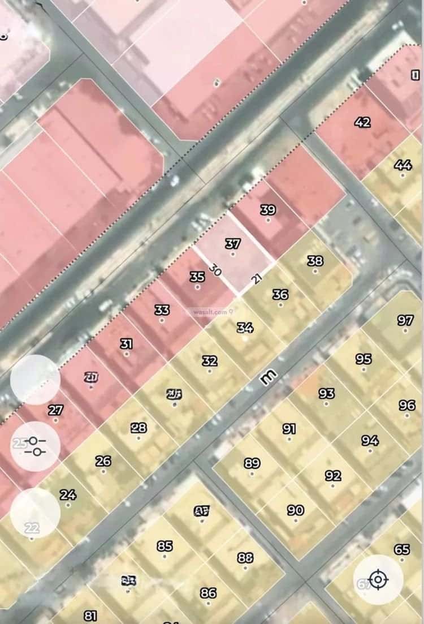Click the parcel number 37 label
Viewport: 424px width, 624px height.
click(x=232, y=244)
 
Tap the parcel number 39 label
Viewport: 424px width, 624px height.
click(x=268, y=210)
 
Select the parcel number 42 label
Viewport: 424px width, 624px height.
click(x=362, y=122)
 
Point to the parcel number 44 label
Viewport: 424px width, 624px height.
click(x=403, y=165)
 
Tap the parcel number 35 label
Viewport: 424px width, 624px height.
click(x=197, y=277)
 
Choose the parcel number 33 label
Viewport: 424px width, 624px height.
click(x=162, y=310)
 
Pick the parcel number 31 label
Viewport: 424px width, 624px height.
click(x=127, y=344)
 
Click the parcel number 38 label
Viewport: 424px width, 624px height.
click(x=315, y=261)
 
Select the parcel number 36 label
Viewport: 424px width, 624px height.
click(x=280, y=294)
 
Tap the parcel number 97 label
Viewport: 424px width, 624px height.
click(x=405, y=320)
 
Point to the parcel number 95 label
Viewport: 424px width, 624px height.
click(x=364, y=359)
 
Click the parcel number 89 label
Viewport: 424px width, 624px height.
click(x=252, y=463)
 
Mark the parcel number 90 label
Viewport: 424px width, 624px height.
click(x=295, y=510)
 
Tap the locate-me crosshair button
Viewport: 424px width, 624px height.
click(x=378, y=579)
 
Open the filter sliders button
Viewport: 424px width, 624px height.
click(x=35, y=446)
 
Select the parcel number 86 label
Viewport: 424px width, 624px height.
click(x=208, y=593)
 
